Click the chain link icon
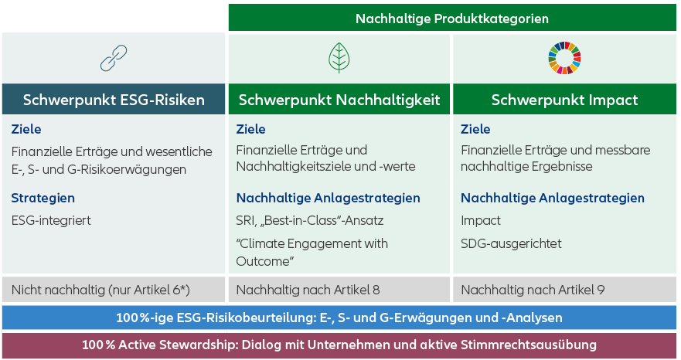pos(114,58)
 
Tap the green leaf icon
pos(339,58)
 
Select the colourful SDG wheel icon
pos(564,58)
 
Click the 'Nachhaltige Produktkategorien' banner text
pos(452,19)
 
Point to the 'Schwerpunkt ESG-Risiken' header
pos(114,100)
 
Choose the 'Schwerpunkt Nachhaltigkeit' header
pos(339,100)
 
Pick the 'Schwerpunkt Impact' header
pos(564,100)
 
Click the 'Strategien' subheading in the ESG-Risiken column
pos(43,198)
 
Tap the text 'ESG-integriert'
pos(51,221)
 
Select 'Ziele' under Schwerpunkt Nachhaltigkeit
pos(250,129)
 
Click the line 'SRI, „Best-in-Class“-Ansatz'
pos(310,221)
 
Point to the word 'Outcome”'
pos(265,261)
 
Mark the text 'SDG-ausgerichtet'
pos(511,243)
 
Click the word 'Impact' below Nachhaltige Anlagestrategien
pos(481,221)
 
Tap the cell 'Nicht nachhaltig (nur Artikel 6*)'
pos(114,289)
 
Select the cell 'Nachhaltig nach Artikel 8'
pos(339,289)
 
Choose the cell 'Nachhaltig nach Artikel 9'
pos(564,289)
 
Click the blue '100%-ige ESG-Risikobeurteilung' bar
pos(339,318)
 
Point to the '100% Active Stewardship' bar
pos(339,345)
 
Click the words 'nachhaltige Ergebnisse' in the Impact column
pos(527,166)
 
